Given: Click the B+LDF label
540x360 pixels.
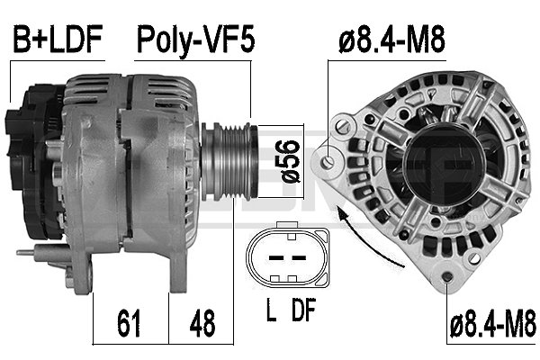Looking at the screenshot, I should [x=56, y=39].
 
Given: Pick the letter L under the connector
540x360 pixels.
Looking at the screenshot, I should [x=271, y=312].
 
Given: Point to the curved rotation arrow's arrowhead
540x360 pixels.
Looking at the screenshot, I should [x=342, y=210].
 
